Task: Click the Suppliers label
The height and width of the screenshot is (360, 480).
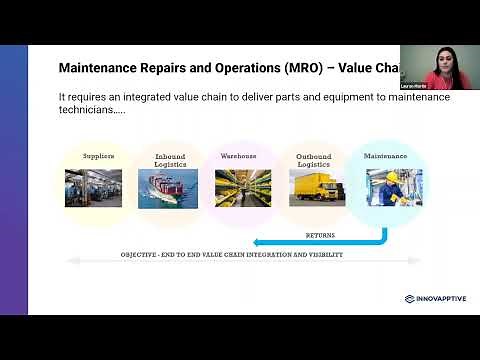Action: point(98,156)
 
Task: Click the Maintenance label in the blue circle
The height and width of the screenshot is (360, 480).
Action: point(385,156)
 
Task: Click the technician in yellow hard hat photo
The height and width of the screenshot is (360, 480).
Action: point(386,189)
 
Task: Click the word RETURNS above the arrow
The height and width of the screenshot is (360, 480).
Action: point(320,235)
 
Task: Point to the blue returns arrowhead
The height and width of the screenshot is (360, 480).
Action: point(258,242)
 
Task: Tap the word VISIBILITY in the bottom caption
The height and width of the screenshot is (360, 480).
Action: point(322,255)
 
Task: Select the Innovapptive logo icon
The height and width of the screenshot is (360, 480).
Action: point(410,298)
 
